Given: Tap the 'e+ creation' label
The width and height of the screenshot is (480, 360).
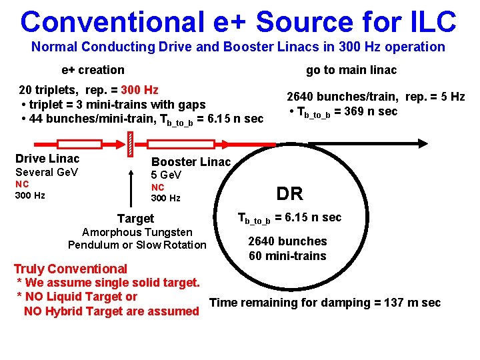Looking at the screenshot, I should (x=93, y=70).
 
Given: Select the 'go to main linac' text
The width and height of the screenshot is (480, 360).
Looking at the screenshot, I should (x=351, y=70).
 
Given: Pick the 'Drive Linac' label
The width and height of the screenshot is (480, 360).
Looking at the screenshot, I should (x=47, y=159).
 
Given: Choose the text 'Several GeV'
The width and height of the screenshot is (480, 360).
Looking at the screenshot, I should (x=47, y=173).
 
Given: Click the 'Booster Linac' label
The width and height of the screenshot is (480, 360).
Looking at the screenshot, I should (x=191, y=162).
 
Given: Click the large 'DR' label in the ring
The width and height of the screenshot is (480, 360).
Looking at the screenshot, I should (x=290, y=194).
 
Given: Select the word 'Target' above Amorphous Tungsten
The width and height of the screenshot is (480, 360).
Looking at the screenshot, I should (x=135, y=219).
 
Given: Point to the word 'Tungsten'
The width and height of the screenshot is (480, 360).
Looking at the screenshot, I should (x=168, y=232).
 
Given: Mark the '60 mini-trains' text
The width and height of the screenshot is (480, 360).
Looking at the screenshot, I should (x=287, y=256).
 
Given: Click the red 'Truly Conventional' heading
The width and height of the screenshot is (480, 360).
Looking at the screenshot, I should (x=71, y=269).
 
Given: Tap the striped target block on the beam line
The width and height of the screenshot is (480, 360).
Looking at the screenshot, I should (x=130, y=143).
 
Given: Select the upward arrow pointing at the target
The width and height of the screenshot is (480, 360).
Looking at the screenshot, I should (x=130, y=187).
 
